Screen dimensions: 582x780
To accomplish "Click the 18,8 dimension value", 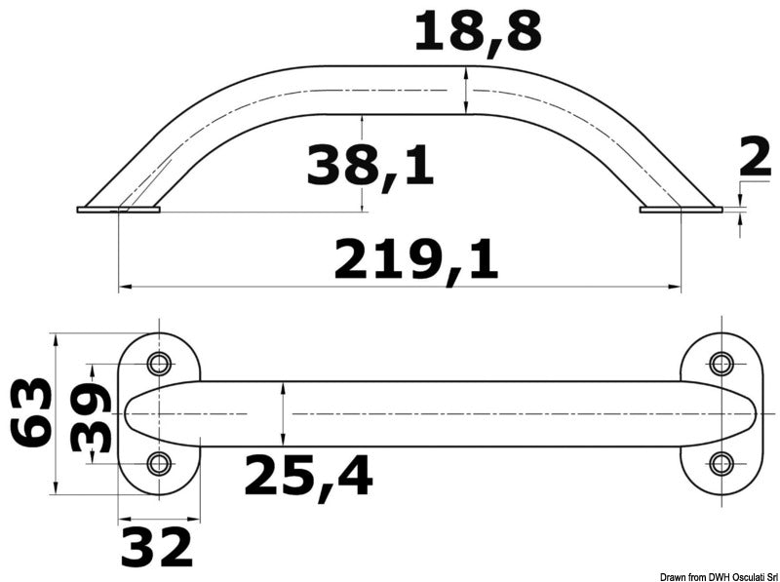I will [477, 31].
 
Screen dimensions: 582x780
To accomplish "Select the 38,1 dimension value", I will [370, 166].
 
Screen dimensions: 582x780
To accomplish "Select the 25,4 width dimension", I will [308, 476].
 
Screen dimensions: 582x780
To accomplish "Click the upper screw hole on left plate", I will [157, 365].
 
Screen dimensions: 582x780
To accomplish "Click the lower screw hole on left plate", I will [157, 462].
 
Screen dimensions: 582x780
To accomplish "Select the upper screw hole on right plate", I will [721, 365].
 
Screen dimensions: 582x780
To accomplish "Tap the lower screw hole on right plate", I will [721, 462].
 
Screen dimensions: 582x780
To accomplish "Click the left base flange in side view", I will [118, 209].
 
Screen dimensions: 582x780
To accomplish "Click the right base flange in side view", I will [681, 209].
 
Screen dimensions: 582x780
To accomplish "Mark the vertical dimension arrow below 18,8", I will [468, 90].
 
